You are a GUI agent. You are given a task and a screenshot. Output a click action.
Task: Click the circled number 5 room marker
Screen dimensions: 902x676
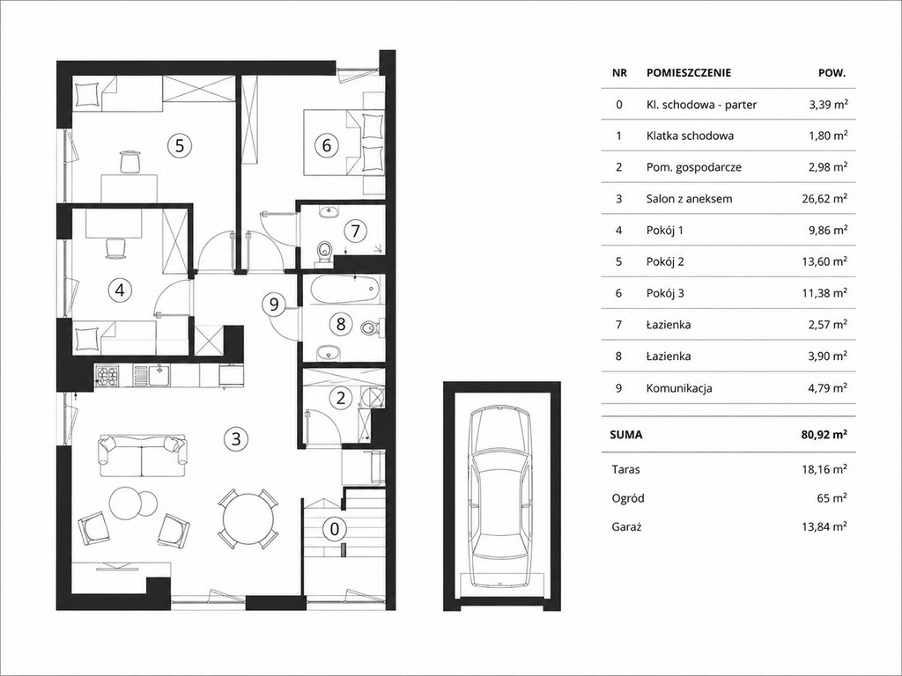tap(180, 145)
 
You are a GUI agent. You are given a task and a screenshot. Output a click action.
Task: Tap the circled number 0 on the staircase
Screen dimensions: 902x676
tap(334, 528)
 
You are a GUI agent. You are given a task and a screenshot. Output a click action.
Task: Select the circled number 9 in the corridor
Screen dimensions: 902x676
tap(274, 303)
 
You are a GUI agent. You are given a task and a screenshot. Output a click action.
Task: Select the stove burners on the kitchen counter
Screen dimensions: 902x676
tap(107, 377)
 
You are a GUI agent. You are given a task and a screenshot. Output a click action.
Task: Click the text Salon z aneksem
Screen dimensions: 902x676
tap(689, 199)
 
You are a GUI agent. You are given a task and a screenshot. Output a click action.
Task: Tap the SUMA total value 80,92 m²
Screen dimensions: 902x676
tap(824, 435)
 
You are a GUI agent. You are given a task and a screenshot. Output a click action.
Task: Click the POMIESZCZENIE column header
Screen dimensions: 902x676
tap(689, 73)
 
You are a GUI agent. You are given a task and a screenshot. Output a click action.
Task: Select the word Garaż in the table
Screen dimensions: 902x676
tap(625, 526)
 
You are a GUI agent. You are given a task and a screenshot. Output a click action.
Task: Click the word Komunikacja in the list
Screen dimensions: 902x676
tap(679, 388)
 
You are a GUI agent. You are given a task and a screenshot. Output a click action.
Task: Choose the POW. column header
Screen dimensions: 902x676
tap(832, 73)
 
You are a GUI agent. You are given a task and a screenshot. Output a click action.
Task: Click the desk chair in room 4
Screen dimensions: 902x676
tap(115, 248)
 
